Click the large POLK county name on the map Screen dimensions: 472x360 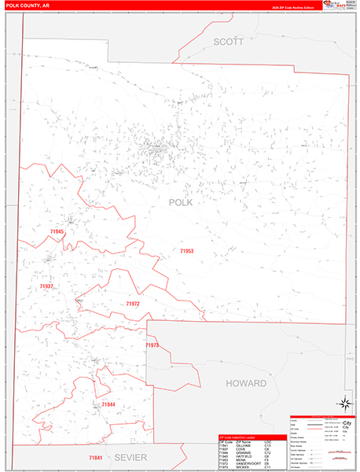[180, 202]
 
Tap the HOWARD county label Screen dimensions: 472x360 [246, 383]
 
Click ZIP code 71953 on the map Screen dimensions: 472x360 [186, 251]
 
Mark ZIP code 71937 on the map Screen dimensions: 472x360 [46, 286]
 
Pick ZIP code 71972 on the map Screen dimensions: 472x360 [132, 303]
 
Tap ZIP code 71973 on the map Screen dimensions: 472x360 [152, 345]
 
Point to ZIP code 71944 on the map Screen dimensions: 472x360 [108, 404]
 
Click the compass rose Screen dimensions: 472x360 [343, 403]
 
